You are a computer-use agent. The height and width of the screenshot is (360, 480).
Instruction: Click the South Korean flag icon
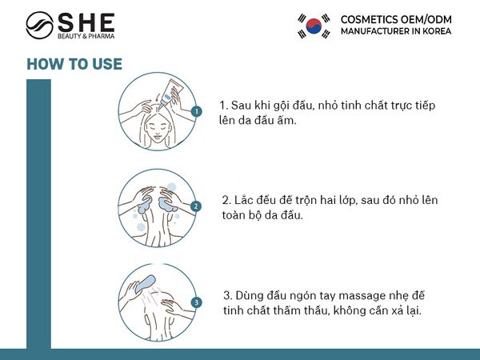point(314,25)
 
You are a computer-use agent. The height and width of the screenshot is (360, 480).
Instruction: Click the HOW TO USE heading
point(74,65)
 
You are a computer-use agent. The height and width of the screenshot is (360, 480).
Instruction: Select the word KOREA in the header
point(435,31)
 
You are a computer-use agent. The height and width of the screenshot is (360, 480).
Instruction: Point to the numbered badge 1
point(196,111)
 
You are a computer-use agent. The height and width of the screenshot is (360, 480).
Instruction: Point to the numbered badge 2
point(196,206)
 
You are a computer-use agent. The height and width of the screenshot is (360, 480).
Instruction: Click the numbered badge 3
point(196,302)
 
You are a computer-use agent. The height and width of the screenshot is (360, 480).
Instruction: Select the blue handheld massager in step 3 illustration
point(144,285)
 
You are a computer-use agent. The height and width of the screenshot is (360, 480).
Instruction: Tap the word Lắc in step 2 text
point(245,199)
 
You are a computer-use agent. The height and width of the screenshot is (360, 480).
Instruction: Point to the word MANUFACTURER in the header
point(376,31)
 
